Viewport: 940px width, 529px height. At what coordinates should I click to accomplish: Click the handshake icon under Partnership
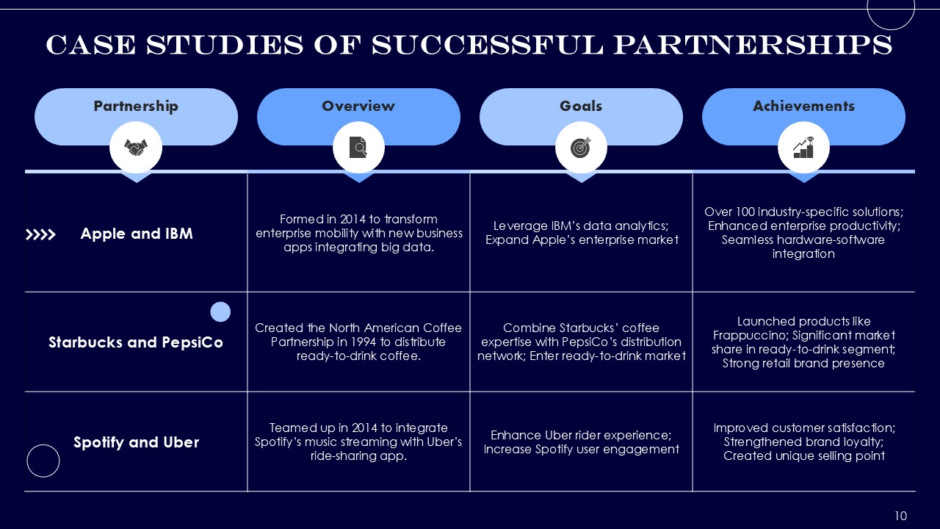coord(136,148)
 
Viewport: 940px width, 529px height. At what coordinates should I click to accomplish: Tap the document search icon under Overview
coord(358,148)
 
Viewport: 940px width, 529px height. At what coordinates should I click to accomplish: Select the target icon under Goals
coord(581,148)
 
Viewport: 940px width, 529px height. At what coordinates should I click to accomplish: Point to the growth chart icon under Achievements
coord(803,148)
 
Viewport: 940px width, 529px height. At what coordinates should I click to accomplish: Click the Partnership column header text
coord(136,107)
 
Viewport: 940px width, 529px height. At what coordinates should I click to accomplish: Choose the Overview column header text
coord(358,106)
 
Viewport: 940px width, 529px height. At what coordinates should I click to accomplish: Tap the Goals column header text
coord(581,106)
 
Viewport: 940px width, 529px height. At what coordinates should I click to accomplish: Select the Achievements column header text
coord(803,106)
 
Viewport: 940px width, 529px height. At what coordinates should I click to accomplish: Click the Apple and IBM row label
coord(137,234)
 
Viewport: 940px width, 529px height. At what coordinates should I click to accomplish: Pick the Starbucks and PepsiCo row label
coord(136,342)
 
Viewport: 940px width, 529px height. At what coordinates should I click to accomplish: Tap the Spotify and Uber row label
coord(136,442)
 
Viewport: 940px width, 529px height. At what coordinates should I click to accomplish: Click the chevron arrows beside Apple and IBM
coord(40,234)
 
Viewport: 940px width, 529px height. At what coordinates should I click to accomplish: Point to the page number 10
coord(901,516)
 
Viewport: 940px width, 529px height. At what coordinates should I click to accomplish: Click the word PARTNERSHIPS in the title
coord(753,45)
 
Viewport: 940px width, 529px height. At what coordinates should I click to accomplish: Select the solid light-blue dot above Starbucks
coord(220,312)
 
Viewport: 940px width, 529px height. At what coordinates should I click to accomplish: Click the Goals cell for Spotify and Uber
coord(581,442)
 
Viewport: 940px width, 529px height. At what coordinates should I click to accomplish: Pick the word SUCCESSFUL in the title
coord(487,45)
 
